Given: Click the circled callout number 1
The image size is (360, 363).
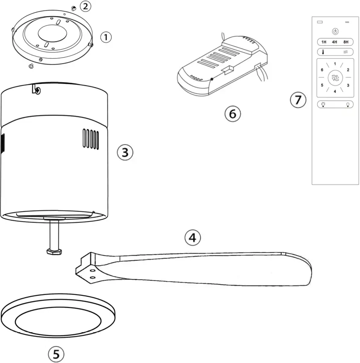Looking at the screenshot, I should tap(105, 37).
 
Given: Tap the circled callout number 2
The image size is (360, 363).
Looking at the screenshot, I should tap(85, 6).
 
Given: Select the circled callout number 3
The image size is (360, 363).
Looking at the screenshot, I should tap(125, 152).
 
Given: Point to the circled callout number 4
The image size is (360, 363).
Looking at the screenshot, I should tap(193, 237).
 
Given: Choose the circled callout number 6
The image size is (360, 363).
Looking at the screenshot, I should tap(232, 114).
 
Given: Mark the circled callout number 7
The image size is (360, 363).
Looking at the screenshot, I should tap(298, 100).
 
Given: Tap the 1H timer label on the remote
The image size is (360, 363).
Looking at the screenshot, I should tap(324, 42).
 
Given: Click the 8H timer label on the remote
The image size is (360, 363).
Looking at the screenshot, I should tap(346, 42).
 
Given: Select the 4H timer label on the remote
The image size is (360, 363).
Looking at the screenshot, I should tap(335, 42).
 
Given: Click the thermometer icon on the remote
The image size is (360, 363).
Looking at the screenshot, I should tap(324, 52).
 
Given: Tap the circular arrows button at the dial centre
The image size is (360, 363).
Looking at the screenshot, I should tap(335, 78).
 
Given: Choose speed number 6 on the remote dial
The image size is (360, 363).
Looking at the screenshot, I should tap(322, 70).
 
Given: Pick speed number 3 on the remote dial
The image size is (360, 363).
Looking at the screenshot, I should tap(348, 86).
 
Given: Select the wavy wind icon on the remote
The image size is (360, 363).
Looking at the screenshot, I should tap(346, 52).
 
